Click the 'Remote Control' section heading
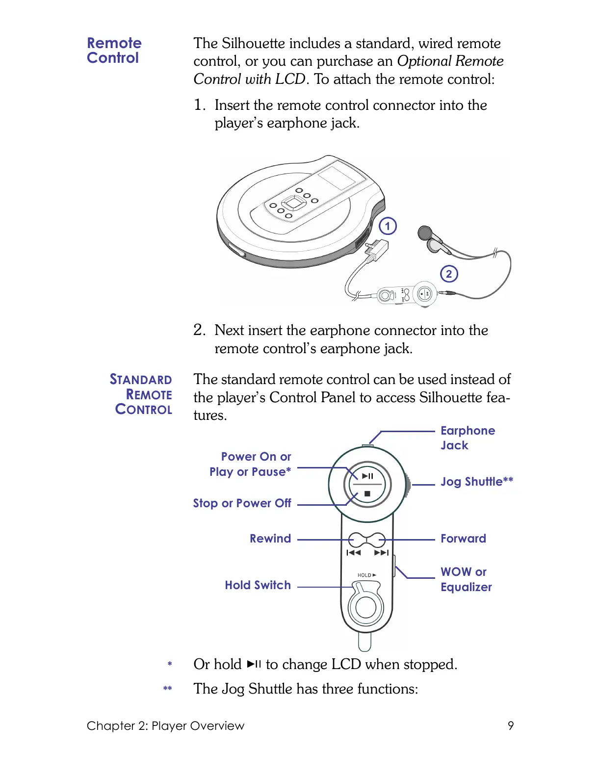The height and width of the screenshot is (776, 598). [114, 50]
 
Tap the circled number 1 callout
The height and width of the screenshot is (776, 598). [388, 226]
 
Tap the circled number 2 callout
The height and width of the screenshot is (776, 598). [448, 274]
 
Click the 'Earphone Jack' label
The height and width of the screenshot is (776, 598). [467, 438]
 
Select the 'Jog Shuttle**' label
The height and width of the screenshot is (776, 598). [476, 482]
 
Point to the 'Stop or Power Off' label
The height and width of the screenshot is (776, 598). [242, 503]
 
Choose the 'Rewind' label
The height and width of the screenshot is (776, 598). [270, 539]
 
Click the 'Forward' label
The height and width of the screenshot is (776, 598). [463, 539]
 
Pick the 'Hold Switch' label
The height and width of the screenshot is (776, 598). [258, 585]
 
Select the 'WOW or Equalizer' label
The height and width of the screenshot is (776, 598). [466, 579]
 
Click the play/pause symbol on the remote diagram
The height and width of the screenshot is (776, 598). [367, 476]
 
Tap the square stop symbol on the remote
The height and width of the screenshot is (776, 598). [367, 494]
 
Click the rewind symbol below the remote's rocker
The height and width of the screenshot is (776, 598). [354, 553]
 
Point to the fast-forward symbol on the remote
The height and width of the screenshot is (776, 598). [381, 553]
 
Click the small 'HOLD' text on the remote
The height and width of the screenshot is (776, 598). [364, 575]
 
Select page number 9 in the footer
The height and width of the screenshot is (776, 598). [511, 725]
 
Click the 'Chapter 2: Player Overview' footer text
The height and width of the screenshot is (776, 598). [165, 726]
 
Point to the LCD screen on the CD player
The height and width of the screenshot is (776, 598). [337, 177]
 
